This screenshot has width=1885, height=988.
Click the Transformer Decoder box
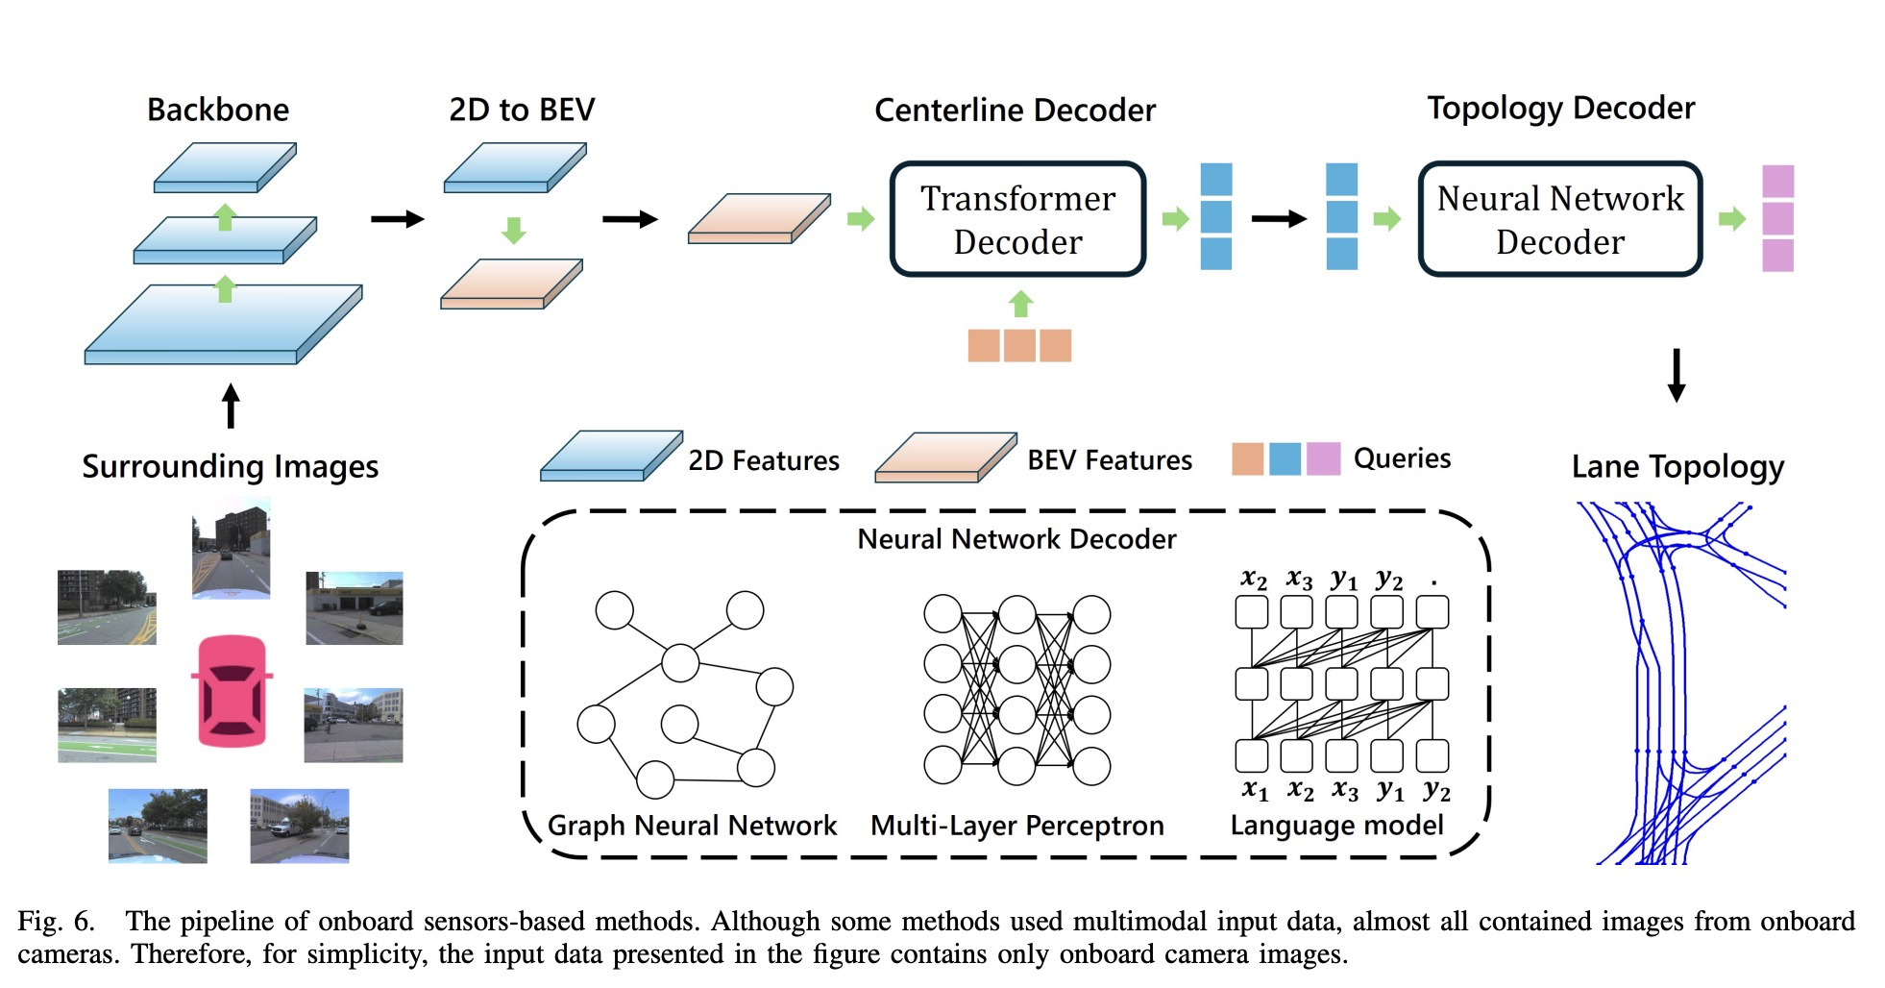[x=1017, y=219]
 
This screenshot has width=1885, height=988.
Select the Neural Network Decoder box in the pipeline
[x=1559, y=219]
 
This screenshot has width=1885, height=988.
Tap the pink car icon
[x=232, y=690]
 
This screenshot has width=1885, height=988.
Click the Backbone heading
[x=218, y=110]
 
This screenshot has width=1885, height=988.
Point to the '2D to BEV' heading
[x=522, y=110]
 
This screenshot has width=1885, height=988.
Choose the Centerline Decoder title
[x=1015, y=111]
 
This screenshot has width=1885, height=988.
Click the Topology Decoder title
[x=1560, y=108]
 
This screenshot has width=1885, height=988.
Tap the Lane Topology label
[x=1677, y=467]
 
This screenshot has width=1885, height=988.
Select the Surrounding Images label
[x=230, y=467]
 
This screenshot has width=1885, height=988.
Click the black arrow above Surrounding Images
[x=231, y=406]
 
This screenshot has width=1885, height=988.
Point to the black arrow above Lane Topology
[x=1677, y=375]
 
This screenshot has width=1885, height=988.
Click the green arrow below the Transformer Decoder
[x=1020, y=304]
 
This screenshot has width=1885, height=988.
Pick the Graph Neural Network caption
[x=692, y=826]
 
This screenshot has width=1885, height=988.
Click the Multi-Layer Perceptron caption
[x=1016, y=826]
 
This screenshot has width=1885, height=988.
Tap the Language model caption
[x=1336, y=826]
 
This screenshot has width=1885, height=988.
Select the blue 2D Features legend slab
[x=611, y=456]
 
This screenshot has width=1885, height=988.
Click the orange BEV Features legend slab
[x=945, y=457]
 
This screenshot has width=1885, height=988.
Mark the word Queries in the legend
[x=1402, y=458]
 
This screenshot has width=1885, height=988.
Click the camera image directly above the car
[x=231, y=548]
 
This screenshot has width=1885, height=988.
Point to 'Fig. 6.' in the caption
[x=56, y=922]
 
